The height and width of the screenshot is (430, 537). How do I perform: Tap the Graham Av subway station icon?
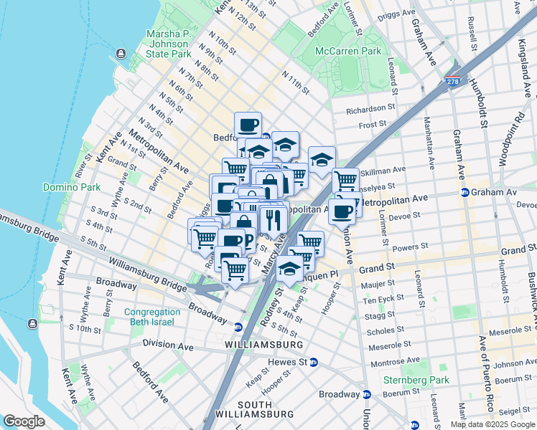coord(464,192)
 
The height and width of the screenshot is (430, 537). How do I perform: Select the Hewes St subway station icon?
coord(314,363)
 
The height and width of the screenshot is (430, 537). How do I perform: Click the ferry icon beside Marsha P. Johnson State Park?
coord(120,54)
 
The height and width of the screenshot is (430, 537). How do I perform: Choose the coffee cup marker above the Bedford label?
coord(248,125)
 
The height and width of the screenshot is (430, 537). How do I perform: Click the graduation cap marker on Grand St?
coord(289,268)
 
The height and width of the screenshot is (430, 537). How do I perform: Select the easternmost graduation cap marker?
coord(322,159)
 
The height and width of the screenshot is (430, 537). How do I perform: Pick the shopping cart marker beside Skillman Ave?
coord(345,180)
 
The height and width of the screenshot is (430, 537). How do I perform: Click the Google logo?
coord(24,421)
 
